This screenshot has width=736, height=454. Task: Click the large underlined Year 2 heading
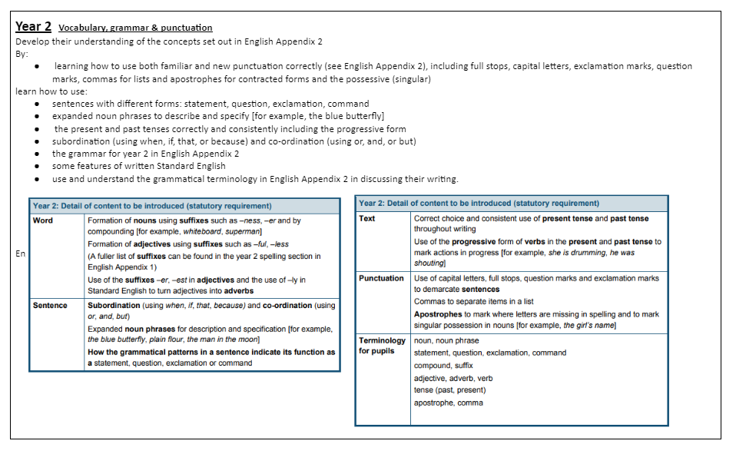tap(34, 26)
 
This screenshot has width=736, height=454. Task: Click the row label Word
tap(43, 220)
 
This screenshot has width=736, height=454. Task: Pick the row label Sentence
tap(50, 305)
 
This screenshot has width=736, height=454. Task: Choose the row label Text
tap(367, 218)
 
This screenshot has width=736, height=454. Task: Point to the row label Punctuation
tap(381, 278)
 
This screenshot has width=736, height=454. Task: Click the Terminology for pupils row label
tap(382, 346)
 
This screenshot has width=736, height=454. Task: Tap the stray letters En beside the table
tap(20, 254)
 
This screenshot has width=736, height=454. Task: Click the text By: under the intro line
tap(22, 54)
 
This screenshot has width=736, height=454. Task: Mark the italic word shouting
tap(429, 263)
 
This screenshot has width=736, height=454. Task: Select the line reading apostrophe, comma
tap(449, 403)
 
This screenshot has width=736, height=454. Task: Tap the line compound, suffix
tap(443, 366)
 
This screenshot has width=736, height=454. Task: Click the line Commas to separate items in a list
tap(473, 302)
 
